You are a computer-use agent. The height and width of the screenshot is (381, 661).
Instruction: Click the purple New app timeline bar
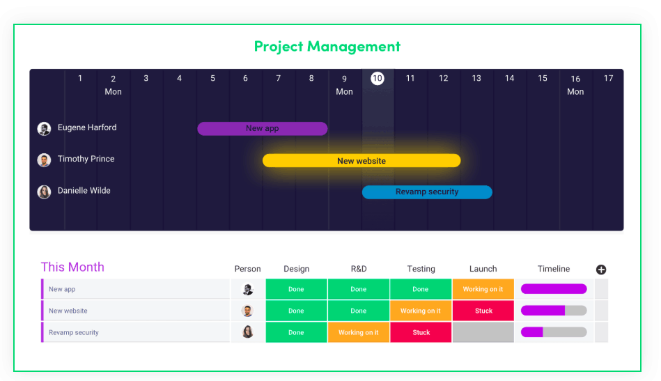[x=262, y=129]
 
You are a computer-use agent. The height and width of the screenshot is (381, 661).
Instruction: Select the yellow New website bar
[x=361, y=161]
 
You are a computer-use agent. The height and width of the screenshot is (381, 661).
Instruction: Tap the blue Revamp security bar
[x=427, y=192]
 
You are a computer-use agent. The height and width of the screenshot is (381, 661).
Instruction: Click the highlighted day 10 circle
[x=378, y=78]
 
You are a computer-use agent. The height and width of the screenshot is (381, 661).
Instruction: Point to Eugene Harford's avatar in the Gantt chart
[x=44, y=129]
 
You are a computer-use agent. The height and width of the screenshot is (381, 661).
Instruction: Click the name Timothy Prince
[x=86, y=159]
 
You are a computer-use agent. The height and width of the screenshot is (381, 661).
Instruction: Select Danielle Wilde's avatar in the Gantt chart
[x=44, y=192]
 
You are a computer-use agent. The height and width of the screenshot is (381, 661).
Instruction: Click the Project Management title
[x=327, y=47]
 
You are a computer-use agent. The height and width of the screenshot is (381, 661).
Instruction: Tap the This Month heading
[x=72, y=267]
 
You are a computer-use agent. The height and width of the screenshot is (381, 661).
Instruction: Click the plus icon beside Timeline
[x=601, y=270]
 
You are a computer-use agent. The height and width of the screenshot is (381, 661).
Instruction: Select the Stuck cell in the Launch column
[x=483, y=311]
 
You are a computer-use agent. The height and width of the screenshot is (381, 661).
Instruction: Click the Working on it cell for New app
[x=483, y=289]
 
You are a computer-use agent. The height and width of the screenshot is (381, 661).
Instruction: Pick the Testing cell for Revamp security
[x=421, y=332]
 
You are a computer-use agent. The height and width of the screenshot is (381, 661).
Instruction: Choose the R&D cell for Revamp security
[x=358, y=332]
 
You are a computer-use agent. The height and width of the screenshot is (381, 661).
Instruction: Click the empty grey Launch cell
[x=483, y=332]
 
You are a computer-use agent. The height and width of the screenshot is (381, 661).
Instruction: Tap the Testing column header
[x=421, y=269]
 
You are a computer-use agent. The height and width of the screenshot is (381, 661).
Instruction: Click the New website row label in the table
[x=68, y=311]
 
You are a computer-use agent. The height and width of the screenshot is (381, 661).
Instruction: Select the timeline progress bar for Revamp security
[x=554, y=332]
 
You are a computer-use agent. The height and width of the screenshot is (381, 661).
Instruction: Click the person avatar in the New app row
[x=247, y=289]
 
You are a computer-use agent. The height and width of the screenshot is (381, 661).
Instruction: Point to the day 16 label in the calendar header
[x=575, y=79]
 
